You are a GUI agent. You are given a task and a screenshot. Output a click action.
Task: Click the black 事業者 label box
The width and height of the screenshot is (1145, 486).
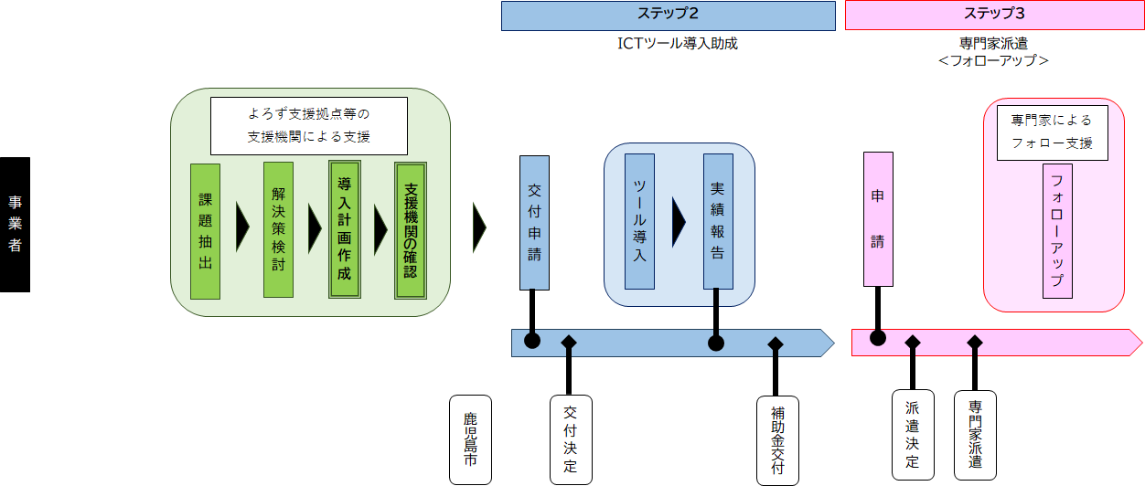(15, 225)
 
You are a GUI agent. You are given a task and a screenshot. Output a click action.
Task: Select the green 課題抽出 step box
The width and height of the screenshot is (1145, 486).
(205, 231)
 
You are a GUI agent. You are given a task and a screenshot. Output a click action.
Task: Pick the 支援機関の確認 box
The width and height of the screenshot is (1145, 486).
(411, 231)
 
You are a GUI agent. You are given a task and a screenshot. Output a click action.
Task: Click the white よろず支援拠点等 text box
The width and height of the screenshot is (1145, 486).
(308, 126)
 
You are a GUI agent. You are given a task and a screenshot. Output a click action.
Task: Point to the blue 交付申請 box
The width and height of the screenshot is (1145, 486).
(534, 223)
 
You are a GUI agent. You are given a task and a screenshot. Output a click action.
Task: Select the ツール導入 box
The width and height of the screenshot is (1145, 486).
(639, 222)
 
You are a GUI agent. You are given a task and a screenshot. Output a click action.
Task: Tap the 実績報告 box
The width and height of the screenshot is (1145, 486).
(718, 222)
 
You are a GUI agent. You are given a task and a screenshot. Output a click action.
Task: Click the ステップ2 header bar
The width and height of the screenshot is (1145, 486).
(668, 16)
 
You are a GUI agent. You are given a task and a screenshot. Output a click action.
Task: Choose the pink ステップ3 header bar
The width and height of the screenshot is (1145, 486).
(994, 16)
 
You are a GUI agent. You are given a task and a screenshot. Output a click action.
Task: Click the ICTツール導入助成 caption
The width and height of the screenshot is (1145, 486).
(671, 44)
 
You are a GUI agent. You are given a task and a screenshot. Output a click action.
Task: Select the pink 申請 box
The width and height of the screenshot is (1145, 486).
(878, 219)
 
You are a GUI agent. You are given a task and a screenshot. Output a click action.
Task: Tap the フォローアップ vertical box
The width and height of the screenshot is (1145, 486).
(1057, 231)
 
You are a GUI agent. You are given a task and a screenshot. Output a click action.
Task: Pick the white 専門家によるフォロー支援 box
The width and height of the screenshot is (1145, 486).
(1052, 132)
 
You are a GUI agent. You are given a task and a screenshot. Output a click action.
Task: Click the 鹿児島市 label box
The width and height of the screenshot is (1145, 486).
(470, 439)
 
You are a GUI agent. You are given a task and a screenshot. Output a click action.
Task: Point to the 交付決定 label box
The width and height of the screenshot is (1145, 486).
(571, 439)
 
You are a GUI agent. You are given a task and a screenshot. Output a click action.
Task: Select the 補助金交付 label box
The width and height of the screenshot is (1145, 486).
(777, 439)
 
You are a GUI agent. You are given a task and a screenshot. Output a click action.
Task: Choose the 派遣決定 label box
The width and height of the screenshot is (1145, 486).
(913, 435)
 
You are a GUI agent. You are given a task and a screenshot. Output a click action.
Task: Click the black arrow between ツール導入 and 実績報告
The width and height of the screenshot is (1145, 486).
(679, 222)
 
